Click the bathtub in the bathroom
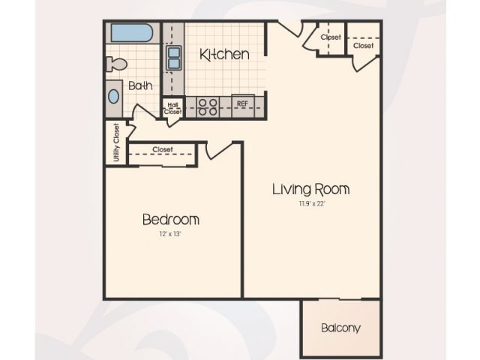(x=131, y=33)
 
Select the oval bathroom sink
(x=114, y=96)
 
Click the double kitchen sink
(x=173, y=57)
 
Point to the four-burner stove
(x=207, y=106)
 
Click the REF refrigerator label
(x=242, y=103)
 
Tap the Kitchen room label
(x=223, y=54)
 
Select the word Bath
(x=140, y=85)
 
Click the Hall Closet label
(x=172, y=107)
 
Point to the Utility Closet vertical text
(x=116, y=142)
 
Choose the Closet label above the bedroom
(x=162, y=149)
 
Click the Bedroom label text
(x=171, y=220)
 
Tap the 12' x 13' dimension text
(x=171, y=234)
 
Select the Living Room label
(x=310, y=189)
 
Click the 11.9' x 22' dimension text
(x=310, y=203)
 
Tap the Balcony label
(x=340, y=328)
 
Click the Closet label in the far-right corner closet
(x=363, y=46)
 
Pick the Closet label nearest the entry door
(x=331, y=37)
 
